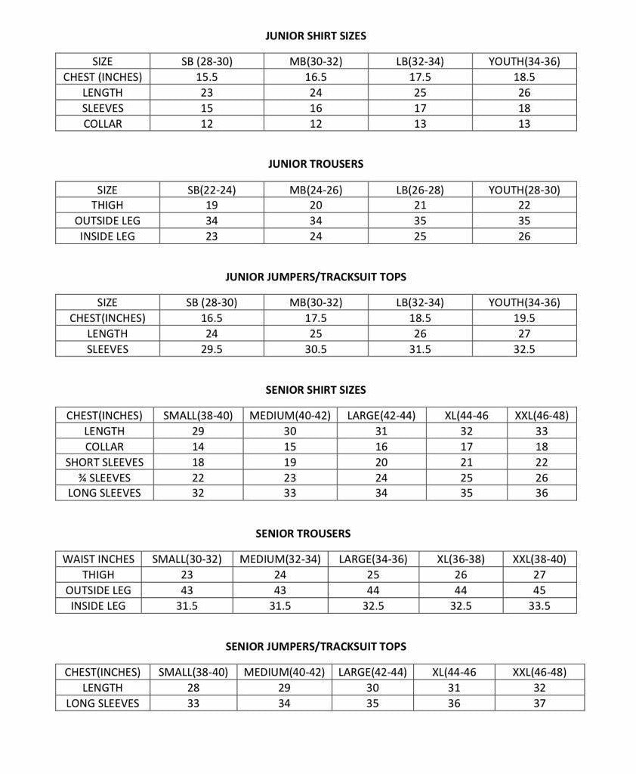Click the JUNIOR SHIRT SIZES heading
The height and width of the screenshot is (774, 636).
316,36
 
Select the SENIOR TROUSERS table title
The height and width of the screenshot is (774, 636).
303,534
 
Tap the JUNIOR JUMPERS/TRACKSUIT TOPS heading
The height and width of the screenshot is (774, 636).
316,277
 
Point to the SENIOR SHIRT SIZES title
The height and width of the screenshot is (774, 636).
316,390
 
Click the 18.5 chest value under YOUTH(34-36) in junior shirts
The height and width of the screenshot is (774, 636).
524,77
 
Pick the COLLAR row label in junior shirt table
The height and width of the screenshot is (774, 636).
103,124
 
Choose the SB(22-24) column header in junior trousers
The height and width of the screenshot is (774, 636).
211,190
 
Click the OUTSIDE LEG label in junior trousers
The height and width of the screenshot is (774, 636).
107,221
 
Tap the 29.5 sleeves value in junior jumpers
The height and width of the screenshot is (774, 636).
211,349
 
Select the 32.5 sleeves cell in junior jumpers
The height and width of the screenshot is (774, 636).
524,349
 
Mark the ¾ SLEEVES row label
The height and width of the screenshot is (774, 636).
104,478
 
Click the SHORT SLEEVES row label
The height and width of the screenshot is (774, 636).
104,462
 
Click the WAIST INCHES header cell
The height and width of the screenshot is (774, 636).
98,559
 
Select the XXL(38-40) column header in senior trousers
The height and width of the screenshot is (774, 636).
539,559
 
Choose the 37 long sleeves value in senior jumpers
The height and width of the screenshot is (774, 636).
539,703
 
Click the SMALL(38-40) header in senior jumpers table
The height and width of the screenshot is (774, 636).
193,672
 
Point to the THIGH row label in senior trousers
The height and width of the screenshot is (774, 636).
98,575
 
